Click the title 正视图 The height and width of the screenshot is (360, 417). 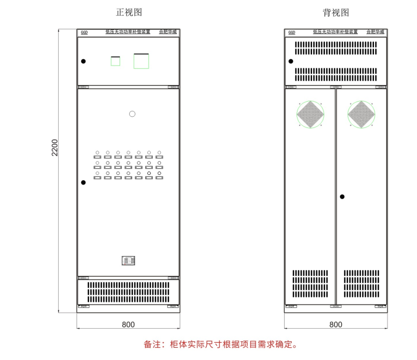coord(129,12)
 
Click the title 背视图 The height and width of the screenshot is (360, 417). coord(336,12)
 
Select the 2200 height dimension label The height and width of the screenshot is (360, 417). coord(54,147)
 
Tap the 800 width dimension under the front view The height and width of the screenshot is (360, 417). coord(128,324)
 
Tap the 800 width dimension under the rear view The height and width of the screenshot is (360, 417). coord(336,324)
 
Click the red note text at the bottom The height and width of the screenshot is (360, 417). coord(220,344)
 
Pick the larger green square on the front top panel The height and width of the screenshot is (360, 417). coord(141,61)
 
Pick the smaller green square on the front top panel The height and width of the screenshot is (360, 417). coord(115,61)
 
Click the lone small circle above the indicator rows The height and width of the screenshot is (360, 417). coord(132,114)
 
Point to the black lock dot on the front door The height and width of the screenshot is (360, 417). coord(83,182)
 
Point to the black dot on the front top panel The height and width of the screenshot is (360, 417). coord(83,61)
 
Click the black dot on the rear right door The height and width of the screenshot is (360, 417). coord(342,196)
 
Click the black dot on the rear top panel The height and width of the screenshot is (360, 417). coord(291,61)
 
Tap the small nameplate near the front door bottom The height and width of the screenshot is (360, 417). coord(128,261)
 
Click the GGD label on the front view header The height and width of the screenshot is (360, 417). coord(84,32)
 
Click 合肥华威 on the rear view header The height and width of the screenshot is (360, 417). coord(376,32)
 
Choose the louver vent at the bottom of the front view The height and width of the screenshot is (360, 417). coord(128,292)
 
